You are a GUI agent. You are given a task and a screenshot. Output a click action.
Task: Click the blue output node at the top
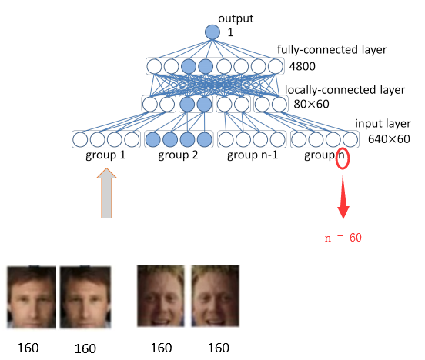point(212,32)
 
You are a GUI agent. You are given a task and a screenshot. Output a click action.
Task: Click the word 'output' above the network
point(236,18)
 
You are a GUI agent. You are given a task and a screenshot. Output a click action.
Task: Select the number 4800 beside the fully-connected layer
point(303,66)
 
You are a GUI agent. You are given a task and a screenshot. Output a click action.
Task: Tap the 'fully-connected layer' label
point(332,49)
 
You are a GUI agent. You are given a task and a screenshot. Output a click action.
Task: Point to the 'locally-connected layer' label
point(345,90)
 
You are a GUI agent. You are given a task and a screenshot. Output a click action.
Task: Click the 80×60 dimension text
point(311,104)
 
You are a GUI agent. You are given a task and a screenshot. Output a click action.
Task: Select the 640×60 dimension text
point(389,139)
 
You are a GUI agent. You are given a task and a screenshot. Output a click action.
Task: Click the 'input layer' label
point(383,124)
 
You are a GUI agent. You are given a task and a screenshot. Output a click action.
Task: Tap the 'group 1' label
point(105,155)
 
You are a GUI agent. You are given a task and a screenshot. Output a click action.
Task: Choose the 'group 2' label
point(178,155)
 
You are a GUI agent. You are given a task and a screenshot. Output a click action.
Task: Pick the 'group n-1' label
point(253,155)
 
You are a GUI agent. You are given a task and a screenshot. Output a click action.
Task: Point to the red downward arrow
point(343,196)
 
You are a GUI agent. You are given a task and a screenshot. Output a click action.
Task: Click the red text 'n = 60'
point(343,238)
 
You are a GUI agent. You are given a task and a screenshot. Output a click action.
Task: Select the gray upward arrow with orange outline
point(106,193)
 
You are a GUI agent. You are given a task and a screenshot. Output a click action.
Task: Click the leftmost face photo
point(32,297)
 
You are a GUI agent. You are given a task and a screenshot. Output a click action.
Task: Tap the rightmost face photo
point(216,295)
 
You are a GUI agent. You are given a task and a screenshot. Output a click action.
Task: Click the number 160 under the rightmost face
point(219,348)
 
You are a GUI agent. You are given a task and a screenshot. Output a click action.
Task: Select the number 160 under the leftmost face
point(28,348)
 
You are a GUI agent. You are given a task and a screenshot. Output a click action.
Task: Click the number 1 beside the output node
point(230,33)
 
